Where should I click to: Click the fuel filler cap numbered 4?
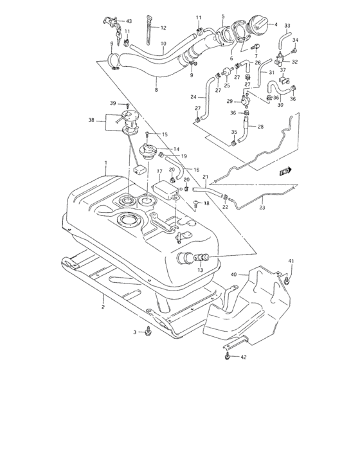tap(258, 25)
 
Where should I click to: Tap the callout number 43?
tap(129, 21)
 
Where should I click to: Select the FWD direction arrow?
tap(285, 171)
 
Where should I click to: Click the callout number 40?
tap(234, 274)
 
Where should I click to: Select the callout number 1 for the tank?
tap(106, 163)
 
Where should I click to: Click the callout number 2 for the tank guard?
tap(102, 307)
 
